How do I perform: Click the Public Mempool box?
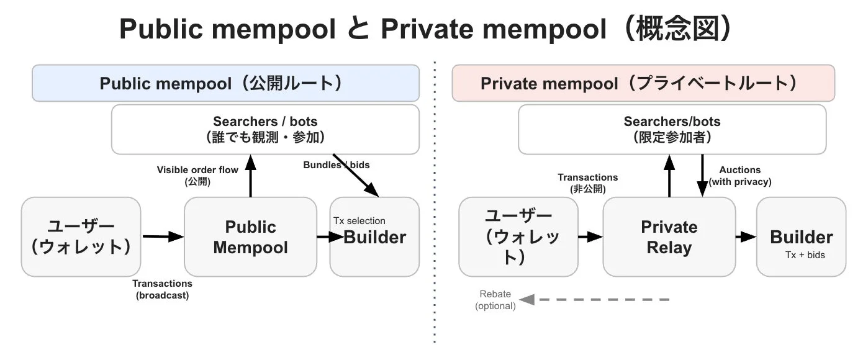[250, 236]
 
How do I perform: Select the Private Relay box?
[669, 236]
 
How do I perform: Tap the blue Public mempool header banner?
[225, 83]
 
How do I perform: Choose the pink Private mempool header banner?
[643, 83]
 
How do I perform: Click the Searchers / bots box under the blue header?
[265, 129]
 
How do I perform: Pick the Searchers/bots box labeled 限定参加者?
[672, 129]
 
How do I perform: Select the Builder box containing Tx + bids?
[801, 236]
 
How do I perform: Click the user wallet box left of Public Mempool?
[81, 236]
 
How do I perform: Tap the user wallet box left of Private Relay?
[518, 236]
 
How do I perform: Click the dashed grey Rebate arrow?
[596, 300]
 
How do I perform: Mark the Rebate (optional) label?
[495, 300]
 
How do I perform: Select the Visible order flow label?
[197, 176]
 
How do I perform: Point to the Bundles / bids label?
[336, 165]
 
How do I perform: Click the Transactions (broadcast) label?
[162, 289]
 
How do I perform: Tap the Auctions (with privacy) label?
[740, 176]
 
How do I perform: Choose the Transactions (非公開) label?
[587, 183]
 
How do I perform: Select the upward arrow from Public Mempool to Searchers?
[251, 177]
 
